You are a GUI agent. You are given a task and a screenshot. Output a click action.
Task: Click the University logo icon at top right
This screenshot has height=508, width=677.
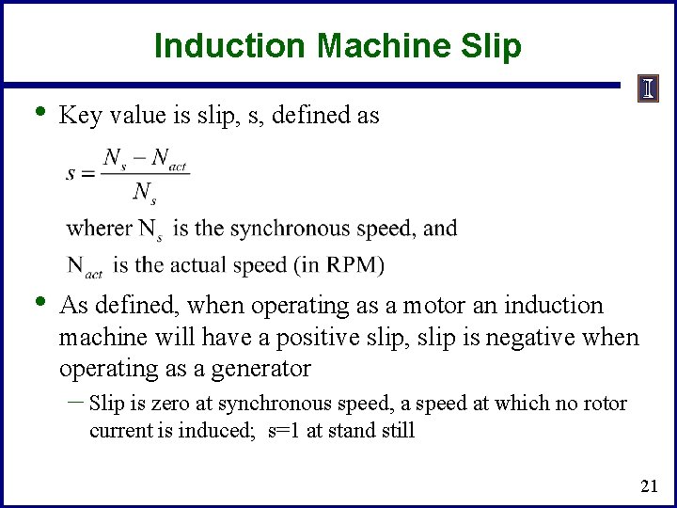click(649, 89)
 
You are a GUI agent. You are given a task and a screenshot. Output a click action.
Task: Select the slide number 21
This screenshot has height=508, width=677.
click(648, 486)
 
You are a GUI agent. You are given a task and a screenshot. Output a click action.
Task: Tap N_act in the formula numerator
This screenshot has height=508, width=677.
click(169, 158)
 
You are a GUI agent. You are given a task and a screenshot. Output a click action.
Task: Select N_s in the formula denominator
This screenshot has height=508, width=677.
click(144, 193)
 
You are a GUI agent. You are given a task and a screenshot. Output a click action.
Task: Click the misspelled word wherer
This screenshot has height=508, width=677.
click(100, 229)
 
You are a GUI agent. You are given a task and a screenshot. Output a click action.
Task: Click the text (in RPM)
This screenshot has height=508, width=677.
click(341, 265)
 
